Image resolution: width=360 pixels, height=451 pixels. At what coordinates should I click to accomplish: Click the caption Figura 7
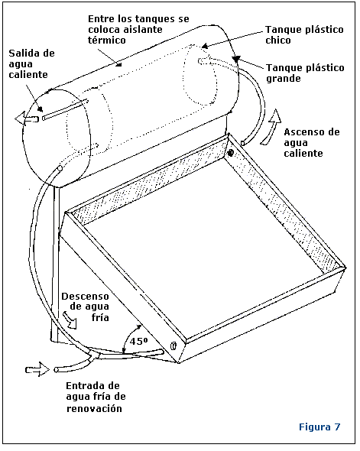click(319, 427)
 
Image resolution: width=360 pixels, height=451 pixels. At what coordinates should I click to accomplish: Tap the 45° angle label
click(138, 342)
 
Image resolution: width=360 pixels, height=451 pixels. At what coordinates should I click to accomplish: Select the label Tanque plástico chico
click(304, 34)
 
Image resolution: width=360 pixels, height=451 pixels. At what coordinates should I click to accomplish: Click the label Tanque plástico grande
click(305, 73)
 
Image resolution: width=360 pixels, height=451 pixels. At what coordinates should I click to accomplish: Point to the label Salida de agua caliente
click(31, 64)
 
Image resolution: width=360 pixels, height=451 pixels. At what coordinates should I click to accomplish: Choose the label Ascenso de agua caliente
click(312, 143)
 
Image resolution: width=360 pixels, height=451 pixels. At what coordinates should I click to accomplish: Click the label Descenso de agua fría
click(86, 307)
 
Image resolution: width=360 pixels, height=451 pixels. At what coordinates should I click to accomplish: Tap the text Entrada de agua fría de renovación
click(96, 397)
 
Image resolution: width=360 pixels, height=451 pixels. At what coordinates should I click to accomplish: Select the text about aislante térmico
click(138, 29)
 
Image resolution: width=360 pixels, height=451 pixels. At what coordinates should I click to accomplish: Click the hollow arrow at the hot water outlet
click(27, 118)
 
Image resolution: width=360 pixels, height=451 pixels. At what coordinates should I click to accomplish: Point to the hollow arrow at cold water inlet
click(37, 369)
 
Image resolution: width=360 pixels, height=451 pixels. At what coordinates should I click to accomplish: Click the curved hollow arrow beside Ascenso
click(271, 127)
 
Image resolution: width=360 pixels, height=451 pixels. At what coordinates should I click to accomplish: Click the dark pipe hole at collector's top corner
click(230, 153)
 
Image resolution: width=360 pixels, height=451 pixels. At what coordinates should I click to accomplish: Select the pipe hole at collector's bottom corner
click(173, 346)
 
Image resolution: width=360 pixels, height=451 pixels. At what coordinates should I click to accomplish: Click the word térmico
click(107, 40)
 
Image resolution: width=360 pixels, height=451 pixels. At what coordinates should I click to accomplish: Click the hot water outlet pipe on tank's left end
click(65, 110)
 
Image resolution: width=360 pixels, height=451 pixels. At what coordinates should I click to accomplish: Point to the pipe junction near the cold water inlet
click(92, 355)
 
